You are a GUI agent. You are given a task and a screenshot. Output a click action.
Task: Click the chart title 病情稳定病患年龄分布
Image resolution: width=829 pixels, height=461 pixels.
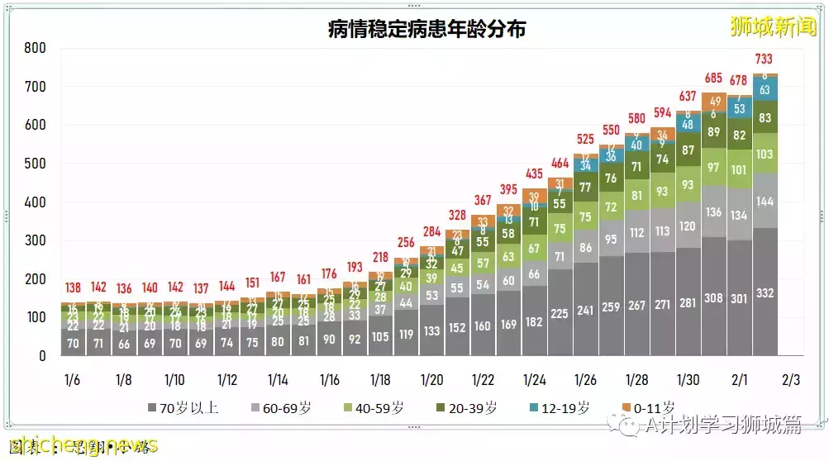point(426,29)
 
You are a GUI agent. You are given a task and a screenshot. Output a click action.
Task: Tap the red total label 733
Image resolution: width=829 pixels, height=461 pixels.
point(765,59)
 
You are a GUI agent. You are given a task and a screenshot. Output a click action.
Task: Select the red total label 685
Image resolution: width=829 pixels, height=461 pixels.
point(713,78)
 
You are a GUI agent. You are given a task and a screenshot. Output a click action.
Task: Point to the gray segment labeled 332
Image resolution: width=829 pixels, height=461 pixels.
point(765,293)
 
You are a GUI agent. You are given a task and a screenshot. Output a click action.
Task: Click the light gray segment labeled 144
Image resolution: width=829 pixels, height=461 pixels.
point(765,201)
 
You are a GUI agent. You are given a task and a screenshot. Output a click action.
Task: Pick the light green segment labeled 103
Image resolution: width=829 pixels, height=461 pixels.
point(765,154)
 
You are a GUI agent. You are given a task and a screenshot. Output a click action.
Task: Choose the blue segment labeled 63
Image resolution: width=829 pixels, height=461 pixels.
point(765,89)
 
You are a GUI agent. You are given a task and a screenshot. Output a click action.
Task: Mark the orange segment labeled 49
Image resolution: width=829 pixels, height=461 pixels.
point(713,101)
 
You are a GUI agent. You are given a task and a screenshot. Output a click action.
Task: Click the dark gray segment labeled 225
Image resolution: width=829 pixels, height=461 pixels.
point(560,313)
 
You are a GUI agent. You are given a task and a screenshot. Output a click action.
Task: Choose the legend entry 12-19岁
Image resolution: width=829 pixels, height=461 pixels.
point(560,407)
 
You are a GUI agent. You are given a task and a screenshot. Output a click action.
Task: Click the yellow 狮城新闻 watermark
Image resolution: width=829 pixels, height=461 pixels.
point(772,27)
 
